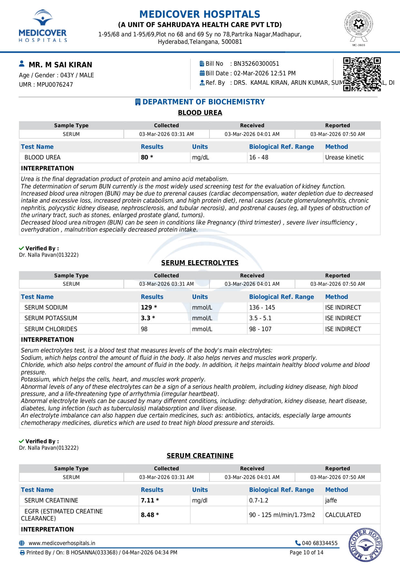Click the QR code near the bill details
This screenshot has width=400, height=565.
coord(362,74)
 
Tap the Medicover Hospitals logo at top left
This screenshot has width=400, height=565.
coord(43,26)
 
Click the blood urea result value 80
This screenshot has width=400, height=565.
coord(145,158)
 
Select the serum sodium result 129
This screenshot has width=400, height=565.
coord(147,308)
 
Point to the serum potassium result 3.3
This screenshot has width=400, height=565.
coord(146,318)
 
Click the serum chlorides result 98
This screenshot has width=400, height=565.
coord(144,329)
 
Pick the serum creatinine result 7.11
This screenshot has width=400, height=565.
coord(148,501)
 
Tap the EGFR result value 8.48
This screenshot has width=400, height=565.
coord(148,515)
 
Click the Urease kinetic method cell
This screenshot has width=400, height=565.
coord(344,158)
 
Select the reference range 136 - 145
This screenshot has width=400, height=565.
coord(262,308)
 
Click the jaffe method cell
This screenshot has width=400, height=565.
coord(331,501)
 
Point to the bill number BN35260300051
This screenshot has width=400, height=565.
coord(256,64)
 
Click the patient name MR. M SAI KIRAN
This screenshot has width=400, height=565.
coord(60,65)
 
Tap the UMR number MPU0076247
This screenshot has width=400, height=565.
coord(55,85)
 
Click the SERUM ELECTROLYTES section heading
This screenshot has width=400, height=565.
coord(200,263)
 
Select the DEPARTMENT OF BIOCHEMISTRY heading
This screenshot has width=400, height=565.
coord(203,102)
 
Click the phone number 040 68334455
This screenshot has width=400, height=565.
coord(319,543)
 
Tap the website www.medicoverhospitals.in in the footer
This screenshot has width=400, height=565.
coord(62,543)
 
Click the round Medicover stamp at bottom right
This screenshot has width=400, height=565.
coord(365,545)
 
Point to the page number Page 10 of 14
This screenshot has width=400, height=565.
coord(306,553)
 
